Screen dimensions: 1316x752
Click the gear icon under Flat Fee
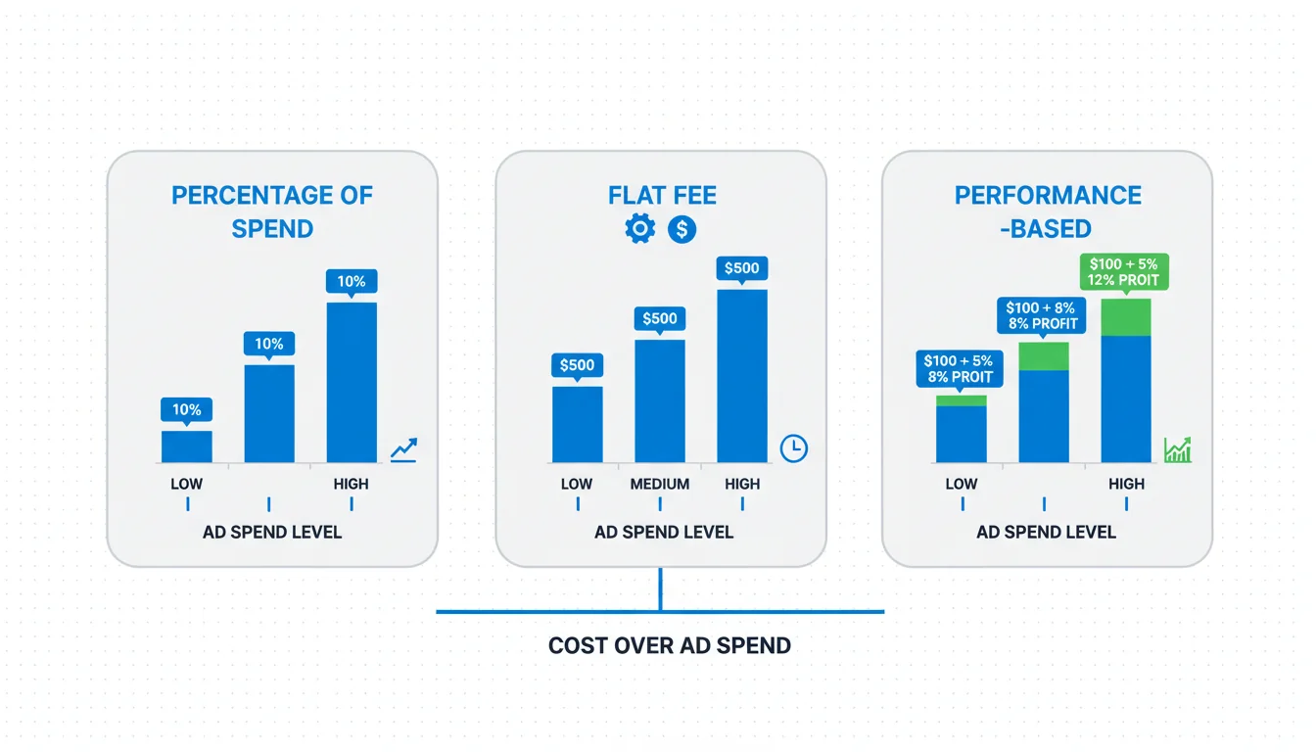click(639, 228)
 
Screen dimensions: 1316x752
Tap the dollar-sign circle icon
click(681, 229)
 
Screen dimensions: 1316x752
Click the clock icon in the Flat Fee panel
click(794, 448)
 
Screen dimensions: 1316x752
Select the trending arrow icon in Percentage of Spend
click(404, 449)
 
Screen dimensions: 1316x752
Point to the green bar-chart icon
click(1177, 450)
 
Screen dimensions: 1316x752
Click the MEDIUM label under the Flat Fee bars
click(660, 484)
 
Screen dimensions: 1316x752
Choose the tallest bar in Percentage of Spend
click(352, 383)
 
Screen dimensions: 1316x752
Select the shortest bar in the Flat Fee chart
click(578, 424)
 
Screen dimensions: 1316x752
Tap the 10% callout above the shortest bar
click(186, 409)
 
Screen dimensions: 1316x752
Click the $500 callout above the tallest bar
click(742, 268)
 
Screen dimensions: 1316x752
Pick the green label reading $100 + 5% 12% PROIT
click(1124, 272)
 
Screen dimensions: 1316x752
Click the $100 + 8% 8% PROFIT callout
click(1041, 315)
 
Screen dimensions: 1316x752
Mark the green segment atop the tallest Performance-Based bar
click(1126, 317)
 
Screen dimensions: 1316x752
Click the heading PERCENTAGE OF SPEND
click(272, 212)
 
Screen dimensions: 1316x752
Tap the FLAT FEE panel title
click(662, 196)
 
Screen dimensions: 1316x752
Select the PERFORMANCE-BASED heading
click(1048, 212)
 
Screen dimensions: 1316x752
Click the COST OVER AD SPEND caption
click(669, 645)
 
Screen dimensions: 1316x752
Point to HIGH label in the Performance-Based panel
click(1126, 484)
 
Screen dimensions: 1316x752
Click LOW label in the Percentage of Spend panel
click(186, 484)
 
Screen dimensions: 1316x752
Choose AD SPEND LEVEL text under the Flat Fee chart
click(663, 533)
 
